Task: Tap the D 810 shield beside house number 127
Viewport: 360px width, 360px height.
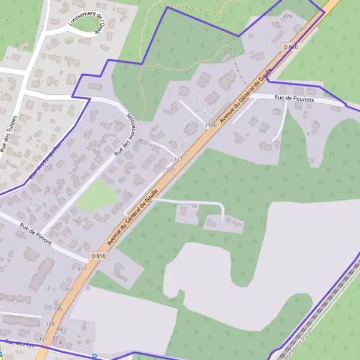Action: click(x=290, y=47)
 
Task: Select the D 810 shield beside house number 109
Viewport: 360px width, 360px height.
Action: click(x=98, y=256)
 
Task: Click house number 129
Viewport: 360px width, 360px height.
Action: click(x=287, y=16)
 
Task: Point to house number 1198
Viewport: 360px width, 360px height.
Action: click(x=210, y=125)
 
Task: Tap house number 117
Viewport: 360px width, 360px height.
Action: click(x=178, y=159)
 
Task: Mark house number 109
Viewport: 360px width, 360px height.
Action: click(x=82, y=269)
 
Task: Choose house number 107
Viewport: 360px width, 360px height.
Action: click(x=69, y=289)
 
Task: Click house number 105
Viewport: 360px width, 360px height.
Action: click(x=58, y=309)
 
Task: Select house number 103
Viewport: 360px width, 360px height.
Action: click(x=50, y=323)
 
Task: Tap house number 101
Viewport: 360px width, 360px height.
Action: click(x=43, y=338)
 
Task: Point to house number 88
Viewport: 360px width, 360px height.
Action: click(x=59, y=329)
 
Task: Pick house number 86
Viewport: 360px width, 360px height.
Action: click(x=55, y=338)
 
